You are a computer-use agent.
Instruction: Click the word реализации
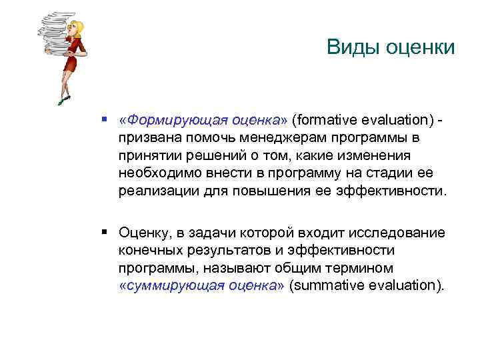click(x=154, y=191)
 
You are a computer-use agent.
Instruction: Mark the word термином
click(x=346, y=268)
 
